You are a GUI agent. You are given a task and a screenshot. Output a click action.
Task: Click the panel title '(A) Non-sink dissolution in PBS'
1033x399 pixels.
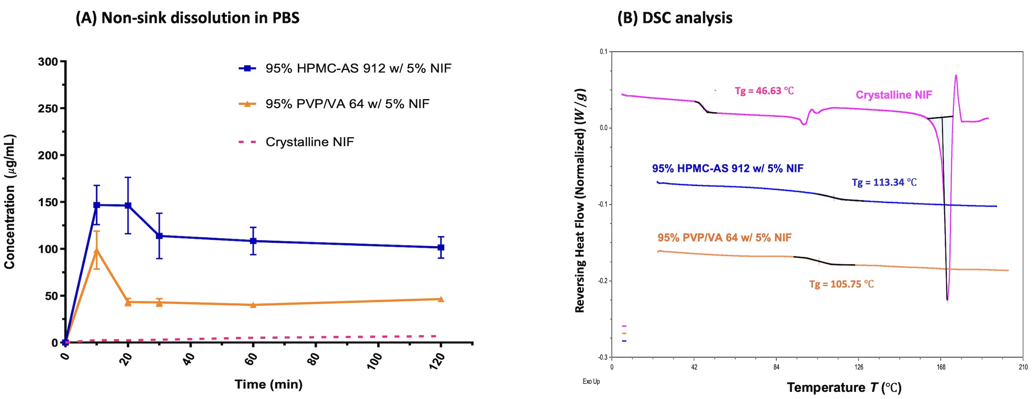tap(187, 18)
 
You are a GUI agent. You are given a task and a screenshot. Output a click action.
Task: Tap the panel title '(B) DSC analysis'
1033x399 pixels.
tap(674, 18)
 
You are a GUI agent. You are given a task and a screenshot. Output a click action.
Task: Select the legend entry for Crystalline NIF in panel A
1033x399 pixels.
tap(309, 142)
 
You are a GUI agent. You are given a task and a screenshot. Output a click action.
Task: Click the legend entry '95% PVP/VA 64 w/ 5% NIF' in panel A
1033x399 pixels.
tap(347, 104)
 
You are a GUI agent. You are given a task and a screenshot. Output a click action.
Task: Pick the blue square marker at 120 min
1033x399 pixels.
tap(441, 247)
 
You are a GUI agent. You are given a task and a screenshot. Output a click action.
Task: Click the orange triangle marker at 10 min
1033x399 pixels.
tap(97, 250)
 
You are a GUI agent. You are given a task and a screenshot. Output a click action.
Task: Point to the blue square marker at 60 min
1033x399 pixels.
tap(253, 241)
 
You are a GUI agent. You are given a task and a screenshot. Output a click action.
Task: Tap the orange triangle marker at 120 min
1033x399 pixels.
tap(441, 299)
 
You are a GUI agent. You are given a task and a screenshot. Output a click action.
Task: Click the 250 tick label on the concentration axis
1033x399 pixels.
tap(48, 108)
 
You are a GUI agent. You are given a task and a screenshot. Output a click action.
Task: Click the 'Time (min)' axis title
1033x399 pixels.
tap(269, 384)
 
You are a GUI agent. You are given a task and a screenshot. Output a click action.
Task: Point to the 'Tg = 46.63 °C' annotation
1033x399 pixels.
tap(764, 91)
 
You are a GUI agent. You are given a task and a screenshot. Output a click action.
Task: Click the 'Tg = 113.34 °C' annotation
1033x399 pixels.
tap(884, 183)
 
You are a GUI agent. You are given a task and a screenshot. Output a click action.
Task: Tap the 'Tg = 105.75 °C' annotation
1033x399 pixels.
tap(841, 284)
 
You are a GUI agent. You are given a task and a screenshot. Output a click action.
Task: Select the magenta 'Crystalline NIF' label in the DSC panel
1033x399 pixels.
tap(894, 95)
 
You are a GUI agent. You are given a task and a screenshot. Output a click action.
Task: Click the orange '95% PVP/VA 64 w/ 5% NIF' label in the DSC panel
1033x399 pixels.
tap(724, 238)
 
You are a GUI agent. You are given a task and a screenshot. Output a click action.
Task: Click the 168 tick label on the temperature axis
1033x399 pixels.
tap(941, 368)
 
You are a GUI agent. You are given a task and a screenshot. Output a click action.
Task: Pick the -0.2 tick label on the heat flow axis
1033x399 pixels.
tap(603, 281)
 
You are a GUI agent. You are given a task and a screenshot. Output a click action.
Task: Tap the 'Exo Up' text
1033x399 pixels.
tap(591, 381)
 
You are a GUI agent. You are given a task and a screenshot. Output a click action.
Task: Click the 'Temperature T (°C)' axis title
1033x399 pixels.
tap(844, 388)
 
